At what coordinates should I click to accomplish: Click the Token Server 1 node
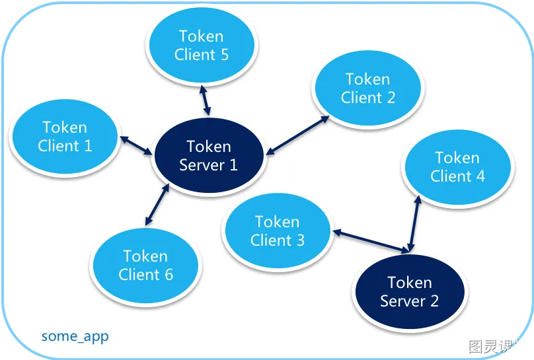(209, 156)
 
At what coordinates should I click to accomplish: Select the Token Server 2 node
(410, 292)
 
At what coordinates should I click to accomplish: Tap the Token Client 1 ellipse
(65, 137)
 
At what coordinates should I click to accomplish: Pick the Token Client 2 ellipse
(368, 89)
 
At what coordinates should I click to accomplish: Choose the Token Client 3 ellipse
(277, 231)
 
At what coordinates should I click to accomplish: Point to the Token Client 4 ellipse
(457, 167)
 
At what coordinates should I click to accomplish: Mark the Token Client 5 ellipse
(202, 46)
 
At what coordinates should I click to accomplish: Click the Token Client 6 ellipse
(145, 265)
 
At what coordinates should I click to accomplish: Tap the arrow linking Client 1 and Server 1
(135, 145)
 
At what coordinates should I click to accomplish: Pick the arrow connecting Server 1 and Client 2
(298, 135)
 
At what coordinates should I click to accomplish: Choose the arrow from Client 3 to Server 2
(370, 241)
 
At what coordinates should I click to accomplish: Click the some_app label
(75, 336)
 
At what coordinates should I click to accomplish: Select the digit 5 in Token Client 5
(224, 55)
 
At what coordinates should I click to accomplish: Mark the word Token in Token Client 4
(457, 158)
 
